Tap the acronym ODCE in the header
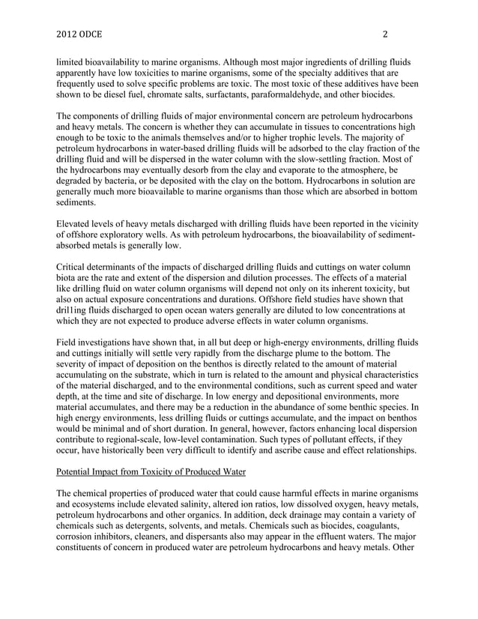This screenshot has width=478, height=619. [95, 34]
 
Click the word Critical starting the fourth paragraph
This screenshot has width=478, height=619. [73, 268]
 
